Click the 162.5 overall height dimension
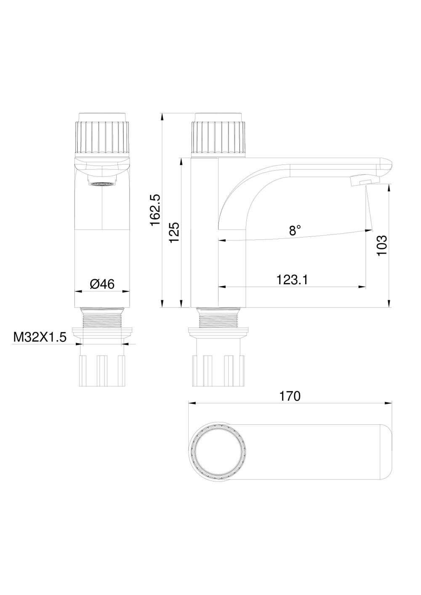pyautogui.click(x=155, y=210)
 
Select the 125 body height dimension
pyautogui.click(x=174, y=232)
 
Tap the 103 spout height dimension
pyautogui.click(x=381, y=246)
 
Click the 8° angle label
pyautogui.click(x=295, y=230)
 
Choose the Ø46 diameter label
pyautogui.click(x=102, y=284)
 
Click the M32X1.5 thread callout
pyautogui.click(x=40, y=337)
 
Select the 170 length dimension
pyautogui.click(x=290, y=396)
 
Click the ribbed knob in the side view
pyautogui.click(x=218, y=137)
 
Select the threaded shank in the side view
pyautogui.click(x=218, y=318)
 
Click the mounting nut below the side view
pyautogui.click(x=218, y=370)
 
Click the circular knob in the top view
pyautogui.click(x=218, y=455)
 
